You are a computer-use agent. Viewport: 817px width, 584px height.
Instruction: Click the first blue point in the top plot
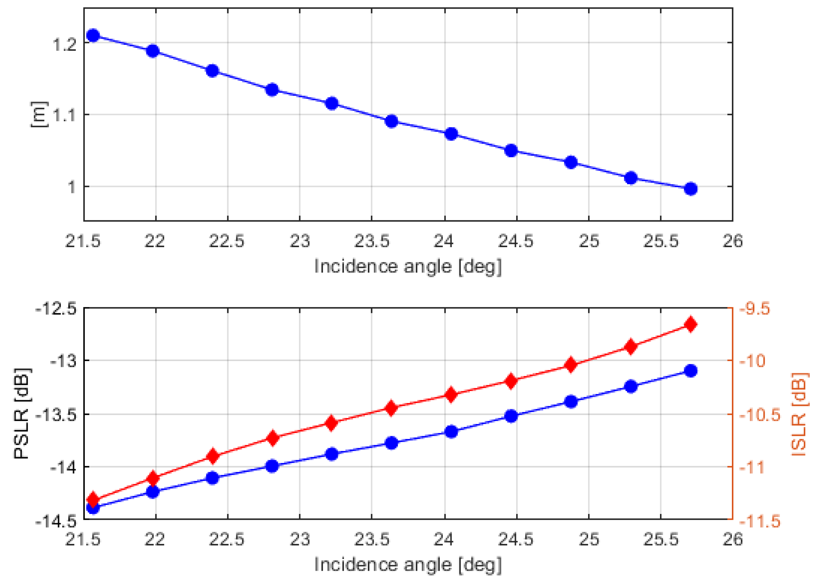coord(93,35)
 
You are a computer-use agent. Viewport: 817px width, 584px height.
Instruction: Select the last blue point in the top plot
coord(691,188)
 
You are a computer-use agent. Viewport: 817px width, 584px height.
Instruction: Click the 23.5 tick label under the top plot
coord(372,241)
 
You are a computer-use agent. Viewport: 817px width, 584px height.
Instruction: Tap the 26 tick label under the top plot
coord(732,241)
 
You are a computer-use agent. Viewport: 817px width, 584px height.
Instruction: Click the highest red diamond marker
coord(691,324)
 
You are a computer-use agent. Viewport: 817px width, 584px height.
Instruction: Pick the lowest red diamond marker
coord(93,499)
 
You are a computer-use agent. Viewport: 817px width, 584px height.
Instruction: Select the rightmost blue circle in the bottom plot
coord(691,370)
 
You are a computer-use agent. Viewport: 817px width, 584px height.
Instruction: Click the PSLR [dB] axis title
coord(22,414)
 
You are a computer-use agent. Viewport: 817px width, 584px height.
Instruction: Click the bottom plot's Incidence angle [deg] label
coord(408,565)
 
